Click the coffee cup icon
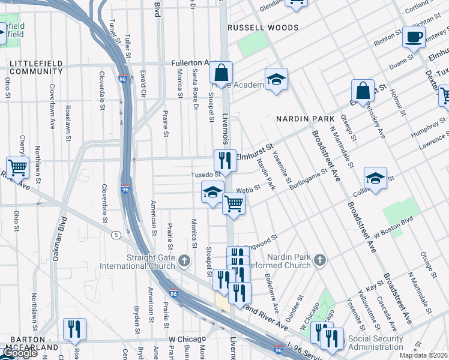[x=414, y=37]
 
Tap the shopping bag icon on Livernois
[x=221, y=73]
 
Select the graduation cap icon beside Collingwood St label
[x=375, y=178]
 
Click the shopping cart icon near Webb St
[x=234, y=203]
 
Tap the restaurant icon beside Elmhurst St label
[x=225, y=160]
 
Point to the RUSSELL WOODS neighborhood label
[x=262, y=28]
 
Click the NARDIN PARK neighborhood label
[x=300, y=119]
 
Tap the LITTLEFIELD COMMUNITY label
[x=36, y=67]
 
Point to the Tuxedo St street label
[x=202, y=175]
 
